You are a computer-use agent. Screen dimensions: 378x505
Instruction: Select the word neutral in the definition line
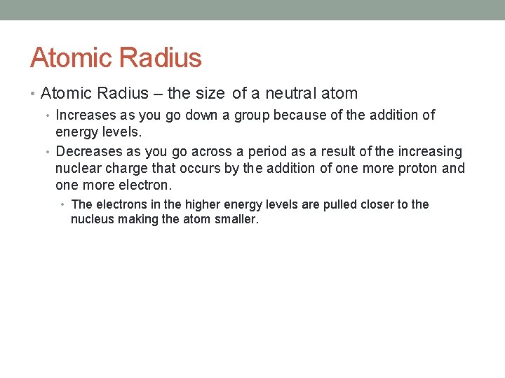[289, 93]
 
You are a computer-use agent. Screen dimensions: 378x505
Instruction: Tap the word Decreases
[89, 151]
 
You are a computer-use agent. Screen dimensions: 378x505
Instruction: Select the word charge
[126, 168]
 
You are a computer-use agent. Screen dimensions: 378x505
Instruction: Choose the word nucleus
[93, 219]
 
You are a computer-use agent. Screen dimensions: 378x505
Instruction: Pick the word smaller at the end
[237, 219]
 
